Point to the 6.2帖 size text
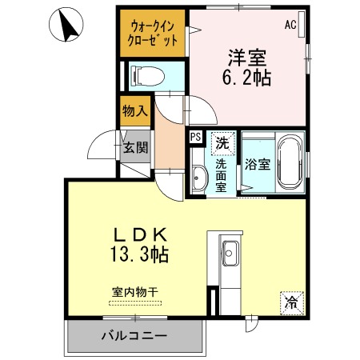click(246, 78)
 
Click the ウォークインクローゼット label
click(153, 32)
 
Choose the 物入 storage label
click(135, 111)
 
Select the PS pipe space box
click(195, 138)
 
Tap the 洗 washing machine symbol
click(220, 144)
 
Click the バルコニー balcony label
click(134, 335)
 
